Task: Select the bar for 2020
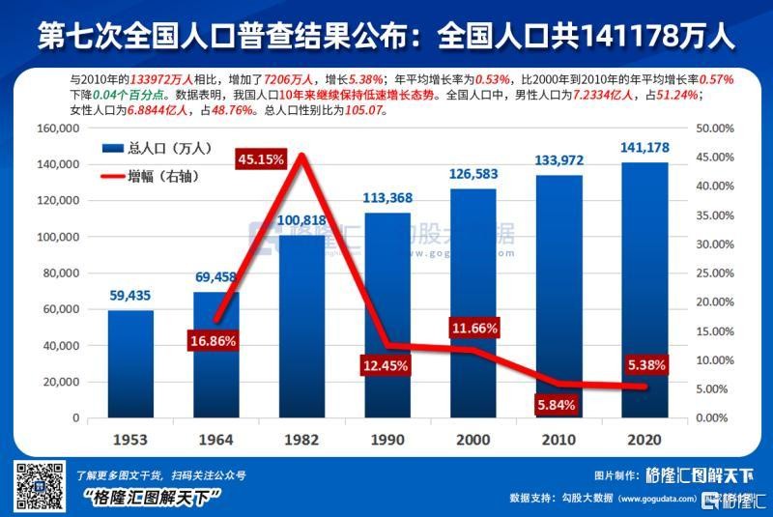pyautogui.click(x=644, y=290)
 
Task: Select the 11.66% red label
pyautogui.click(x=474, y=329)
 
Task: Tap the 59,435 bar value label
pyautogui.click(x=131, y=296)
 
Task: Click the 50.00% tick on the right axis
pyautogui.click(x=716, y=129)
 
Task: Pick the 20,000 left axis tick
pyautogui.click(x=61, y=382)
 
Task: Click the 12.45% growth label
pyautogui.click(x=386, y=365)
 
